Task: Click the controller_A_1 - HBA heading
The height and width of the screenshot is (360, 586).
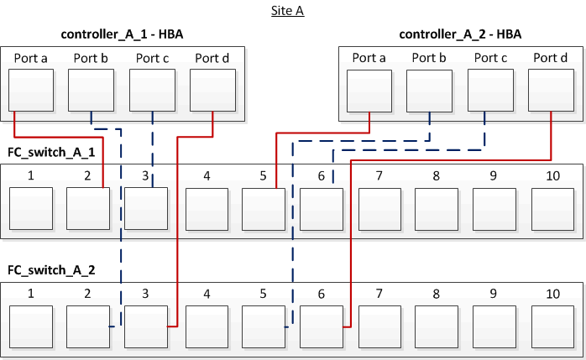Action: (123, 34)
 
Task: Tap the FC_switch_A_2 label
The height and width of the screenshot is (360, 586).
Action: (51, 270)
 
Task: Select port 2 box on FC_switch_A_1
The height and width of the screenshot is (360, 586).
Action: (88, 209)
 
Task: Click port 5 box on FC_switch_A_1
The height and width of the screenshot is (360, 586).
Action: (264, 209)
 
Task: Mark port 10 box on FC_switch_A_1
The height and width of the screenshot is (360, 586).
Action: (552, 209)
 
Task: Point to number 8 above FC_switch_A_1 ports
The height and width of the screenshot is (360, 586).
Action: (437, 176)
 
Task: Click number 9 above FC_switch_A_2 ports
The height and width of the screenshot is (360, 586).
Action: (494, 295)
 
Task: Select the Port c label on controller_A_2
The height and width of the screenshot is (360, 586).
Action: (490, 58)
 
